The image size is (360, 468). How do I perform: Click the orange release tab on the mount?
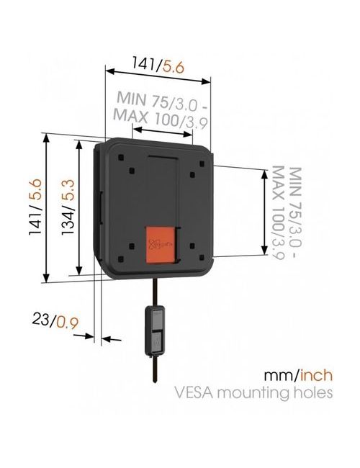pyautogui.click(x=161, y=245)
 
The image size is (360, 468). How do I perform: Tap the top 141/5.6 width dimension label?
pyautogui.click(x=158, y=65)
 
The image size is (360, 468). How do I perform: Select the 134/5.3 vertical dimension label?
pyautogui.click(x=68, y=207)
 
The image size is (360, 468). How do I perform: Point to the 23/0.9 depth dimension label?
pyautogui.click(x=55, y=320)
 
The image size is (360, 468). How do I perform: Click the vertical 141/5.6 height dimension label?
pyautogui.click(x=35, y=207)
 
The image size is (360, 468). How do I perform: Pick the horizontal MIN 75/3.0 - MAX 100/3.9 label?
pyautogui.click(x=161, y=110)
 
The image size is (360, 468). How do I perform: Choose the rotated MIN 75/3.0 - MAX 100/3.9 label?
pyautogui.click(x=287, y=213)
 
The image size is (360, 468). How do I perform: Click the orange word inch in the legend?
pyautogui.click(x=316, y=375)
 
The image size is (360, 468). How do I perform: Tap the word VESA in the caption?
pyautogui.click(x=194, y=392)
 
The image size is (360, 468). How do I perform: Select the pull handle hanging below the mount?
pyautogui.click(x=155, y=330)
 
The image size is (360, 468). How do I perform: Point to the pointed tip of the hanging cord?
pyautogui.click(x=155, y=382)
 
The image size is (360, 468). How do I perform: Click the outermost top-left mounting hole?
pyautogui.click(x=120, y=157)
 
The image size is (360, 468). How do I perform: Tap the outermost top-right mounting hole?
pyautogui.click(x=202, y=164)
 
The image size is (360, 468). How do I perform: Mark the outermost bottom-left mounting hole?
pyautogui.click(x=120, y=258)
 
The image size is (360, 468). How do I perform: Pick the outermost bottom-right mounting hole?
pyautogui.click(x=202, y=257)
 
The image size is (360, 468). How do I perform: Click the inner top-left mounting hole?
pyautogui.click(x=132, y=171)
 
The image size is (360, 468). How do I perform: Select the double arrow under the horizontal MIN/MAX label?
pyautogui.click(x=163, y=132)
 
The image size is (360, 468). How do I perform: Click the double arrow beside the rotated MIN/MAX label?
pyautogui.click(x=264, y=212)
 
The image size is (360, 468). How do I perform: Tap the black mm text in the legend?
pyautogui.click(x=280, y=375)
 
